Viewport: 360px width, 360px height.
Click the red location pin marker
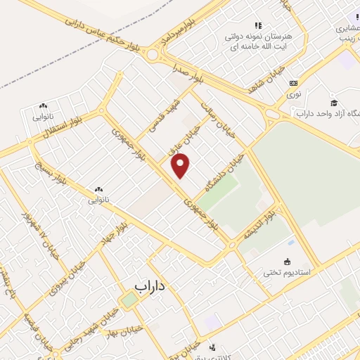(181, 165)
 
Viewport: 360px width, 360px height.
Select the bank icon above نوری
(294, 82)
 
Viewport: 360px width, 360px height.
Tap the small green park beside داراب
(129, 300)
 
